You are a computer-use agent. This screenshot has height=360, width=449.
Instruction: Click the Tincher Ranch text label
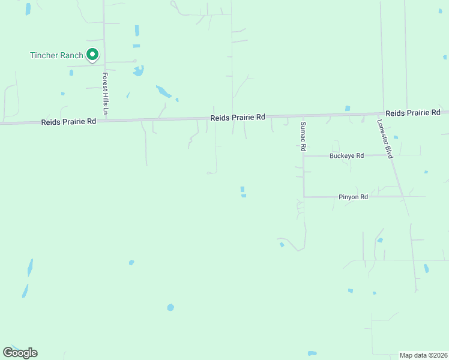(x=56, y=55)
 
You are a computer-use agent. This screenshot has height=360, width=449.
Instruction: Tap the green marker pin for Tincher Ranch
(x=92, y=55)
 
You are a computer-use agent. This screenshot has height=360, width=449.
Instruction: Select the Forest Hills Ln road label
(x=105, y=94)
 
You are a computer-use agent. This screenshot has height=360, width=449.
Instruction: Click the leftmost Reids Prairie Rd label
(x=68, y=122)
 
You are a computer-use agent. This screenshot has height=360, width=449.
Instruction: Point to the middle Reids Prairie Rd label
(x=238, y=118)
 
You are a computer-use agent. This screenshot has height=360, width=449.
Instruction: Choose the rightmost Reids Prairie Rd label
(x=413, y=113)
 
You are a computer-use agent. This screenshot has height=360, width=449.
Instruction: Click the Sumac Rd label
(x=304, y=136)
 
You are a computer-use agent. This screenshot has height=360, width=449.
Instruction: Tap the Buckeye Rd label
(x=346, y=156)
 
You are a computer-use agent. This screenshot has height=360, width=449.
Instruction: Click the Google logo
(x=20, y=353)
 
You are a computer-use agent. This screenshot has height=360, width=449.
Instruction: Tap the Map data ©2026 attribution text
(x=423, y=355)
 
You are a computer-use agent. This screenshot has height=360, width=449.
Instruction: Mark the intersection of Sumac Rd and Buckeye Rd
(x=304, y=156)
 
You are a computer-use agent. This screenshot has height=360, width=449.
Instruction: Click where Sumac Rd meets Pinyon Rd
(x=304, y=196)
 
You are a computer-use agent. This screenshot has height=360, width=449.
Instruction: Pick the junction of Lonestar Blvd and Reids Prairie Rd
(x=384, y=114)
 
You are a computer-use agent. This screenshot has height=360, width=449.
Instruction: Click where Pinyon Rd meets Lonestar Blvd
(x=403, y=196)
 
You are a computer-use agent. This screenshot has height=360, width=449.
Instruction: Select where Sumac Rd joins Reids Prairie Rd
(x=303, y=116)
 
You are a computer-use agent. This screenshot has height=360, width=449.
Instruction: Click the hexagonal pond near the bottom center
(x=170, y=307)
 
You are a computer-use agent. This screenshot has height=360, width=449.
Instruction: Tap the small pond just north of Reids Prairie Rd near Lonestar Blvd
(x=348, y=109)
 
